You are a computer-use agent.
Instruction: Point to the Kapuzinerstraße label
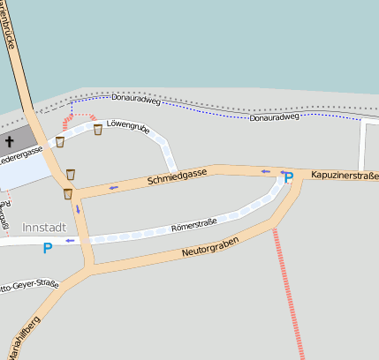(345, 176)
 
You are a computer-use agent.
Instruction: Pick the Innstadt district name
(43, 227)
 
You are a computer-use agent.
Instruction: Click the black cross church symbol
(10, 140)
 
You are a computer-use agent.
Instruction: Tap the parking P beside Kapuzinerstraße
(288, 178)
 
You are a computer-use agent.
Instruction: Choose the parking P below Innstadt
(47, 248)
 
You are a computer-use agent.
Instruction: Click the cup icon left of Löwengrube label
(97, 130)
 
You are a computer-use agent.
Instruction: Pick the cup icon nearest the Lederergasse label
(59, 141)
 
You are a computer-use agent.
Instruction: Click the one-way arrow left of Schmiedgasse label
(113, 187)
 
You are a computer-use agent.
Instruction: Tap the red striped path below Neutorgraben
(288, 291)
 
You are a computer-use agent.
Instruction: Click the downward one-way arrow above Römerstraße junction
(78, 209)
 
